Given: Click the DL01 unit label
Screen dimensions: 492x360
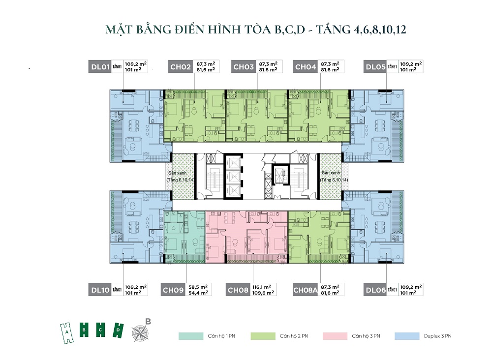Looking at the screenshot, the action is pyautogui.click(x=100, y=67).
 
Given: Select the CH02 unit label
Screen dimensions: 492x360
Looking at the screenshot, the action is pyautogui.click(x=180, y=67).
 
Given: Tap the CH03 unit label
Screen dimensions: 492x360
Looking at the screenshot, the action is pyautogui.click(x=243, y=67).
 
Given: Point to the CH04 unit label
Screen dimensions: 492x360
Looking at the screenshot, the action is pyautogui.click(x=306, y=67).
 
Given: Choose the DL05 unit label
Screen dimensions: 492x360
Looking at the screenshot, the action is pyautogui.click(x=375, y=67).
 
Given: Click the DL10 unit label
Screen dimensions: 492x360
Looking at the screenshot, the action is pyautogui.click(x=100, y=290).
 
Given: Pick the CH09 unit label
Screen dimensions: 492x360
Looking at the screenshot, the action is pyautogui.click(x=173, y=290).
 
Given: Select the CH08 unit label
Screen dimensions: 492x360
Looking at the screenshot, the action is pyautogui.click(x=238, y=290).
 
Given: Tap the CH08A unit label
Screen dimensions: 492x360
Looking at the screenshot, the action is pyautogui.click(x=306, y=290).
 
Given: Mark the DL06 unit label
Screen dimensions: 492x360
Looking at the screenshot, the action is pyautogui.click(x=375, y=290).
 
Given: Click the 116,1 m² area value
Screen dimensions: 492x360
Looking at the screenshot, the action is pyautogui.click(x=262, y=287).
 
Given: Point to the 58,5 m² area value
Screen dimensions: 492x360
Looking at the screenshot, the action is pyautogui.click(x=198, y=287).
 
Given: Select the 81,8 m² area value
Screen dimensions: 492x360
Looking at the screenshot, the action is pyautogui.click(x=268, y=70).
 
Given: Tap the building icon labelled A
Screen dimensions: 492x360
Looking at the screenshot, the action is pyautogui.click(x=66, y=333).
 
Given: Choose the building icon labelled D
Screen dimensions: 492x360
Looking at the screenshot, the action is pyautogui.click(x=118, y=330).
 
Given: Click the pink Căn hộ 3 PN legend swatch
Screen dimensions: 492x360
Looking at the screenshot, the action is pyautogui.click(x=335, y=336).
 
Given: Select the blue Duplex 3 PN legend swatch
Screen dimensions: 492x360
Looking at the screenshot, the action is pyautogui.click(x=407, y=336).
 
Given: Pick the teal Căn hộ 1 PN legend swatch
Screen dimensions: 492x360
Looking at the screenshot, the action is pyautogui.click(x=191, y=336).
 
